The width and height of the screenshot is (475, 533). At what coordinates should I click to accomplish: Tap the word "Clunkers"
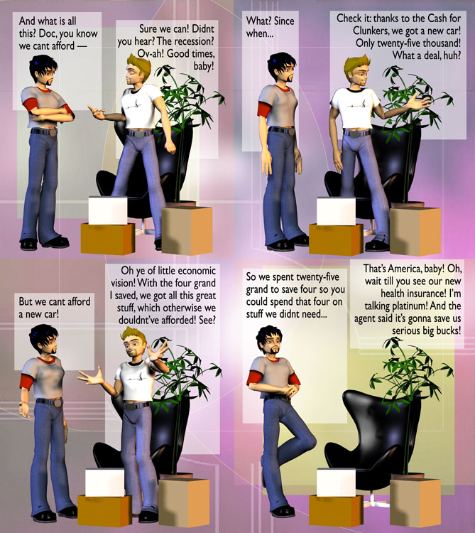coord(371,31)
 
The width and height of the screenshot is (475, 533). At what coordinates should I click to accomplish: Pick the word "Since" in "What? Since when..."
coord(284,21)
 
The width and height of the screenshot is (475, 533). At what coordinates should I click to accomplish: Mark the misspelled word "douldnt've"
coord(137,321)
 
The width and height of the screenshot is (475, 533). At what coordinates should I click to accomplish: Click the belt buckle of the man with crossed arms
coord(53,132)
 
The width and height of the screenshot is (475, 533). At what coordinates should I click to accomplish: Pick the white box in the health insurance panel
coord(336,483)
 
